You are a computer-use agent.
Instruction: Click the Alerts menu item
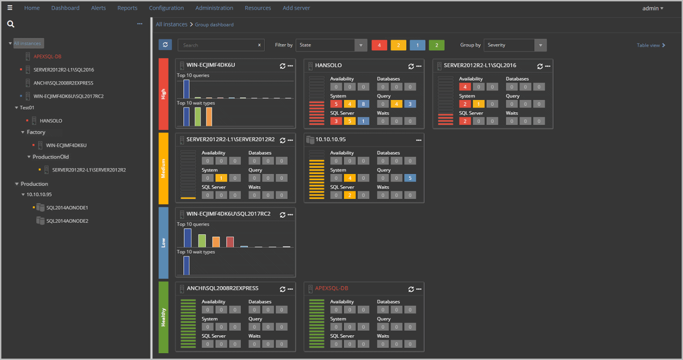(98, 8)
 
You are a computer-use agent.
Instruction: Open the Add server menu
(296, 8)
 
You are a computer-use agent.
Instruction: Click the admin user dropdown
(652, 8)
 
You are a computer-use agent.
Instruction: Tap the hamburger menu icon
(10, 8)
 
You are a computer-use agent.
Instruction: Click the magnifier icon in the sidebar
(11, 24)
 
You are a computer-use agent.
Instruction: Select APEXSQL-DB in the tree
(47, 56)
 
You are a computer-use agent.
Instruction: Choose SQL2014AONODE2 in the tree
(67, 221)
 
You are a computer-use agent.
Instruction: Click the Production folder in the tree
(34, 184)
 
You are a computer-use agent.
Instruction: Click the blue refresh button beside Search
(165, 45)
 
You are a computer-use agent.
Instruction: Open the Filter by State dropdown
(331, 45)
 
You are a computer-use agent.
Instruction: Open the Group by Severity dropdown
(515, 45)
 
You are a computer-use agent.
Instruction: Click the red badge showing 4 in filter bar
(379, 45)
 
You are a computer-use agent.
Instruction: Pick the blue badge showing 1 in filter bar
(417, 45)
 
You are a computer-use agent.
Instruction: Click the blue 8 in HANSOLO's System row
(363, 104)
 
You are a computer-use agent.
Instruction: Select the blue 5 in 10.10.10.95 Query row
(410, 178)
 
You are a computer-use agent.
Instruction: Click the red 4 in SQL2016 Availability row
(465, 87)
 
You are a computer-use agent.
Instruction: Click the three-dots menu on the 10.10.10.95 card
(419, 140)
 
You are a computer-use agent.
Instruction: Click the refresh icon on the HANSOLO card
(411, 66)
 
